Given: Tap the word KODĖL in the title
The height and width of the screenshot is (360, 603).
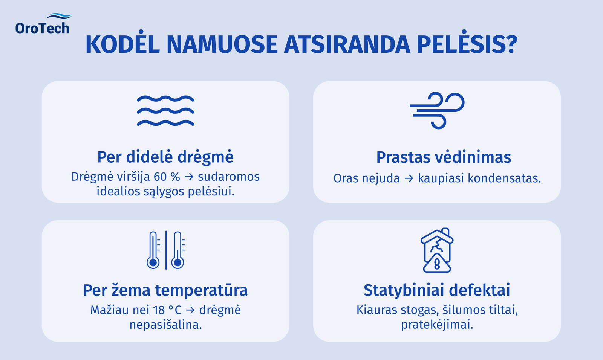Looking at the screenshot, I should click(123, 44).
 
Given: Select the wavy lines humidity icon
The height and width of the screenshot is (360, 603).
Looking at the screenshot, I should click(165, 111).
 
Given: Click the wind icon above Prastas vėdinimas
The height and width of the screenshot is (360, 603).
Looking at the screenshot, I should click(437, 110).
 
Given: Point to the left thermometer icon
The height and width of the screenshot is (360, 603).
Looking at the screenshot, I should click(153, 250).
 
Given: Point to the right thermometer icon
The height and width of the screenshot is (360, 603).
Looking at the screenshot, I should click(178, 250).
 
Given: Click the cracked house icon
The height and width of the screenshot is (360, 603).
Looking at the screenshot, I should click(437, 250).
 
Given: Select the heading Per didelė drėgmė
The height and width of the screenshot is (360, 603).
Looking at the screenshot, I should click(165, 157).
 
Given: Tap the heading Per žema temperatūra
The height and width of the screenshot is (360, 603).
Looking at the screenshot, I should click(165, 290).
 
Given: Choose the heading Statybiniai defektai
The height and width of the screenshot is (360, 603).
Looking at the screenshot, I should click(437, 290).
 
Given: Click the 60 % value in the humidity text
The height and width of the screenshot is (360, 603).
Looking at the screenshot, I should click(167, 177).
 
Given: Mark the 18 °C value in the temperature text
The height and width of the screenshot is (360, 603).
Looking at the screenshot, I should click(167, 310).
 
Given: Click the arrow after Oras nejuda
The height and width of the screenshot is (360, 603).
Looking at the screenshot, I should click(409, 178).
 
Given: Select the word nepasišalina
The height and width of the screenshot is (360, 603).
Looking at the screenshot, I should click(165, 325).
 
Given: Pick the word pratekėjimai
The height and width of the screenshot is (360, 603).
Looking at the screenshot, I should click(437, 325).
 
